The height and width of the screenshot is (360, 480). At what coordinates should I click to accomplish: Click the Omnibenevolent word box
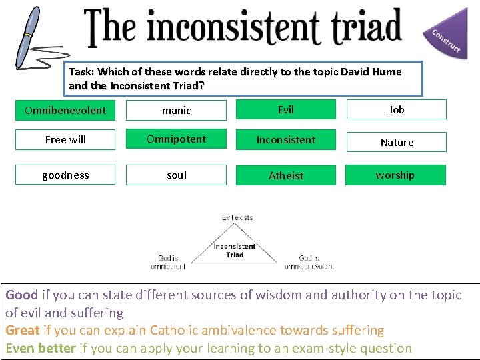click(x=65, y=110)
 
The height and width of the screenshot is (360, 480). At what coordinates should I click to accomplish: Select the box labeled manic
click(x=176, y=110)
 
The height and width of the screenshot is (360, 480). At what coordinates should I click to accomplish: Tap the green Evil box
click(x=285, y=109)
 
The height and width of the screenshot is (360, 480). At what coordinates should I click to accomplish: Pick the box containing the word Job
click(x=396, y=109)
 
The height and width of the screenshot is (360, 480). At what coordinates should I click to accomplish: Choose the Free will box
click(x=65, y=139)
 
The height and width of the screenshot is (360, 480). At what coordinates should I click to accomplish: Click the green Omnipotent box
click(x=176, y=139)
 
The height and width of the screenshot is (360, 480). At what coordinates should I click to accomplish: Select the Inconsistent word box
click(x=285, y=139)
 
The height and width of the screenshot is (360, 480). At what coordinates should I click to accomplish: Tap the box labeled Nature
click(x=396, y=142)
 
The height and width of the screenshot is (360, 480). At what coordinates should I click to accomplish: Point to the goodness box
click(x=65, y=175)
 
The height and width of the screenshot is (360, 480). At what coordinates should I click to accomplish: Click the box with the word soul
click(x=176, y=175)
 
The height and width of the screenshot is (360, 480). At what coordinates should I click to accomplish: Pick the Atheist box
click(x=285, y=175)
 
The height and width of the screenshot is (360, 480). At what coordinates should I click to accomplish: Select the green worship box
click(x=395, y=175)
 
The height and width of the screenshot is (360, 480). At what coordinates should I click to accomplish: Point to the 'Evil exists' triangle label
click(x=237, y=217)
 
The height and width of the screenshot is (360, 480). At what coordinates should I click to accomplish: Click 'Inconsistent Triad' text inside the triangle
click(x=234, y=251)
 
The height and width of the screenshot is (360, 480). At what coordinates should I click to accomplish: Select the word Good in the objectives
click(x=22, y=295)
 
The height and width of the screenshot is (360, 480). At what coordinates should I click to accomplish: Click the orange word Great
click(x=23, y=330)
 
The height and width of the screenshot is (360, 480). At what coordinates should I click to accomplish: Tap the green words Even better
click(x=40, y=348)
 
